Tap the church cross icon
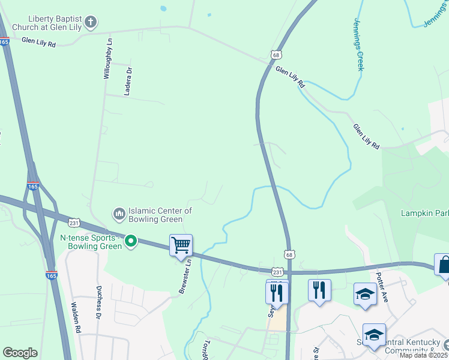91,23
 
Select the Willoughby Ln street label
108,58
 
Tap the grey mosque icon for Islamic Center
119,214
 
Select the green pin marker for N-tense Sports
130,242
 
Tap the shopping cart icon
181,245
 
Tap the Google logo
20,352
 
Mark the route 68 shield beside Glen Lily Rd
276,55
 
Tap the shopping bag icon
444,265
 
